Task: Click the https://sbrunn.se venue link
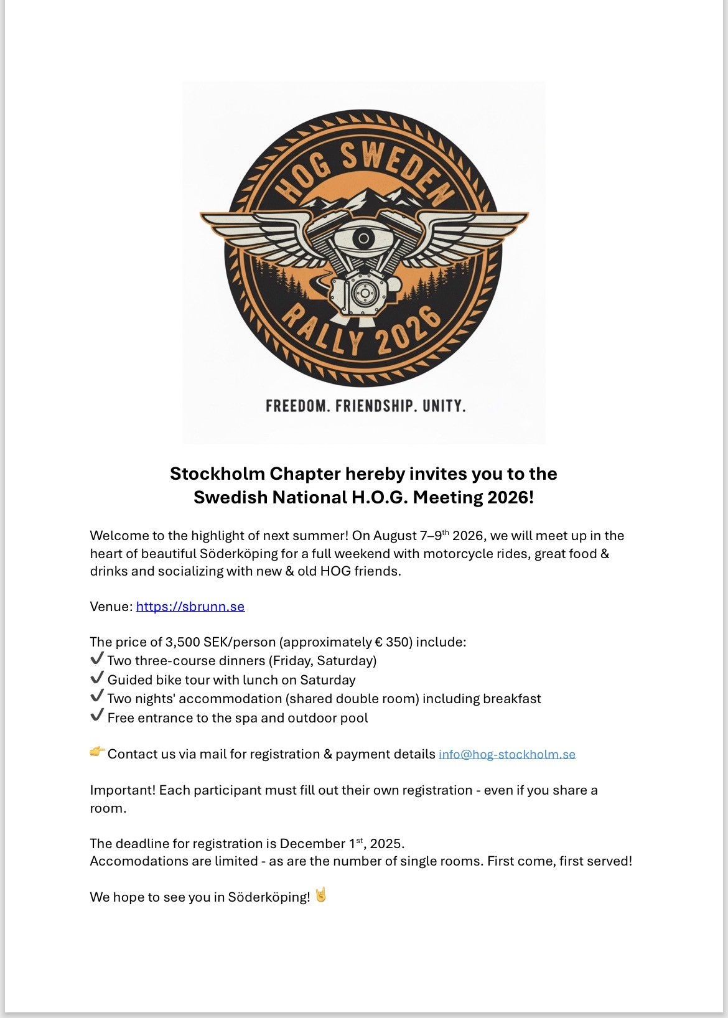pyautogui.click(x=190, y=607)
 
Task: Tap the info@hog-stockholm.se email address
pyautogui.click(x=507, y=754)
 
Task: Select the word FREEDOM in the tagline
pyautogui.click(x=297, y=406)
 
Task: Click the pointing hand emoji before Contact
pyautogui.click(x=97, y=752)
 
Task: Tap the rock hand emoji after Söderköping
pyautogui.click(x=321, y=895)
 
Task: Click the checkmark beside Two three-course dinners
pyautogui.click(x=96, y=659)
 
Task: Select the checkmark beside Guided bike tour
pyautogui.click(x=96, y=678)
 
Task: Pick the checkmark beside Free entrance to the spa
pyautogui.click(x=96, y=716)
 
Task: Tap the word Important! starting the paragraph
pyautogui.click(x=123, y=790)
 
